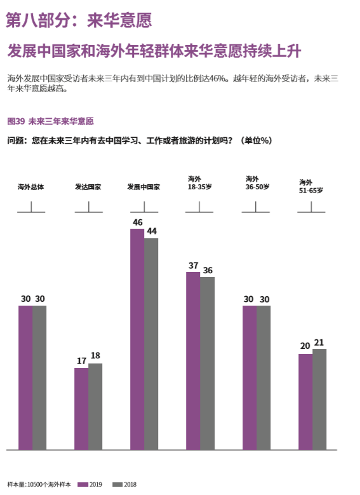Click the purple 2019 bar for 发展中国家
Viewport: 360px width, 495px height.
[137, 339]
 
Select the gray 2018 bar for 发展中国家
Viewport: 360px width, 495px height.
[151, 344]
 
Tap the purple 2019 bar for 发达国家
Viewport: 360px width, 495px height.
[81, 409]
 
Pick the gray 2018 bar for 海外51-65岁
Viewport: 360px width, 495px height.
[319, 399]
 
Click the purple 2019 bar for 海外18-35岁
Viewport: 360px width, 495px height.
[193, 361]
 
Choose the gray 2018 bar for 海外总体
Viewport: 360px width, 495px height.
[39, 377]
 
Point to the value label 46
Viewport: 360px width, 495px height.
[138, 222]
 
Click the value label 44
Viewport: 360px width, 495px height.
[152, 231]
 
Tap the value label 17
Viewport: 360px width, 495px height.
[82, 361]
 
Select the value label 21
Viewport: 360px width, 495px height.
[319, 342]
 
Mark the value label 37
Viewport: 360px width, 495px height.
[194, 266]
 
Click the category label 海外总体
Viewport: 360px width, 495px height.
[31, 187]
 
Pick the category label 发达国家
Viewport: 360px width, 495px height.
[88, 187]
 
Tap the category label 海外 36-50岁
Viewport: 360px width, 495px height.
[257, 183]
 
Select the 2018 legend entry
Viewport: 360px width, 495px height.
[124, 485]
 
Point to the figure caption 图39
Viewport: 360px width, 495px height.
[16, 121]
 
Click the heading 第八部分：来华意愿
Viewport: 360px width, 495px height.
[79, 20]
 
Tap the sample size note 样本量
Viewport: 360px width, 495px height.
[39, 485]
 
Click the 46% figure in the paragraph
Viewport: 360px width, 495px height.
[218, 79]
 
